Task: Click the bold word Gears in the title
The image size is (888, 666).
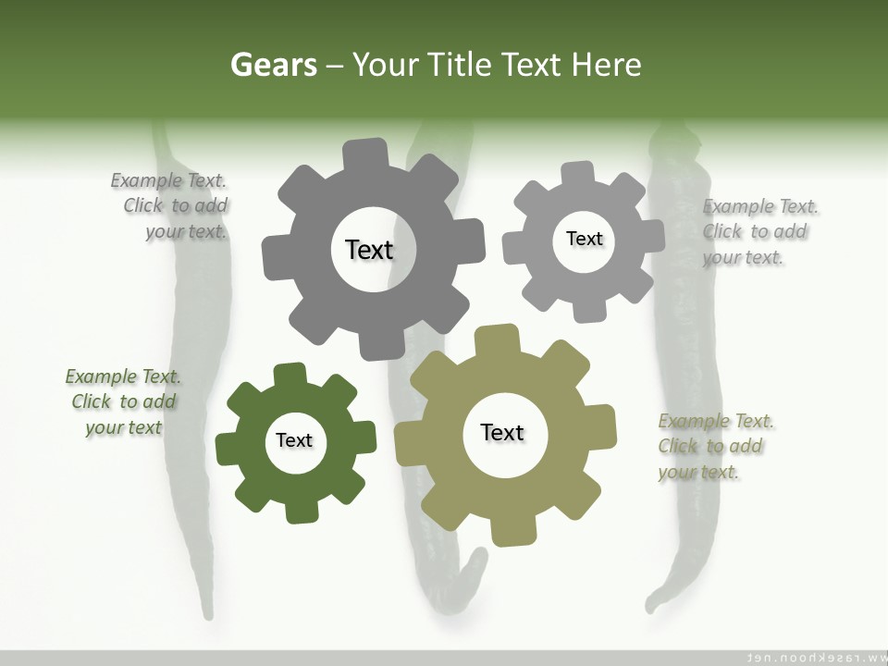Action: click(x=273, y=65)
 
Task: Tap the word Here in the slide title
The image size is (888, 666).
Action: click(x=606, y=65)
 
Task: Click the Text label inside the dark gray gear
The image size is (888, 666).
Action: click(x=369, y=250)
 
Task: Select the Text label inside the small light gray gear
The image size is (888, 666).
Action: click(x=584, y=239)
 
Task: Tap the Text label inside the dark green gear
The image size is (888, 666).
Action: click(x=294, y=440)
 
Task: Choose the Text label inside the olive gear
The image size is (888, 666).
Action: click(x=502, y=432)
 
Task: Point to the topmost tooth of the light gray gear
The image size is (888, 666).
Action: click(x=578, y=173)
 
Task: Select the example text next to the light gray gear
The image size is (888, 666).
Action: click(x=758, y=232)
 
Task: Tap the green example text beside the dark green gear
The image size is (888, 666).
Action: click(x=123, y=402)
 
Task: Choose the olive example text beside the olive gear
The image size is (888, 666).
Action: click(x=715, y=447)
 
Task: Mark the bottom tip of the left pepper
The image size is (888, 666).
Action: click(x=208, y=612)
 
